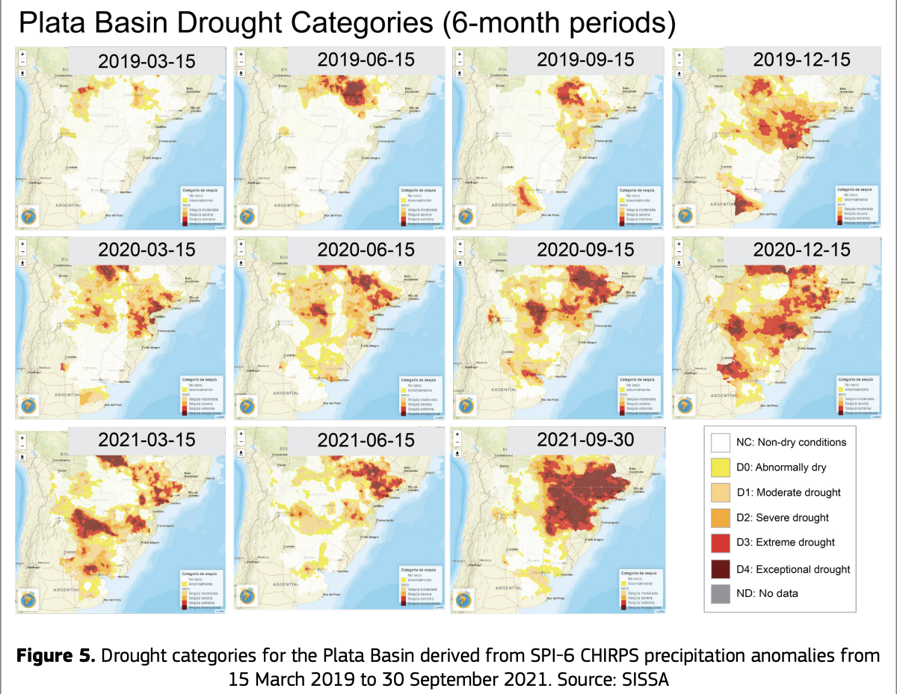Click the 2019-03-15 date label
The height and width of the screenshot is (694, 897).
[147, 61]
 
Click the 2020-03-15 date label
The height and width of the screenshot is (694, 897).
[147, 250]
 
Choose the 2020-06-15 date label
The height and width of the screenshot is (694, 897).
[366, 250]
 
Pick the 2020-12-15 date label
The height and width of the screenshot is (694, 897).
[802, 249]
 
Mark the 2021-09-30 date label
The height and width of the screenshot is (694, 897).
[585, 440]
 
